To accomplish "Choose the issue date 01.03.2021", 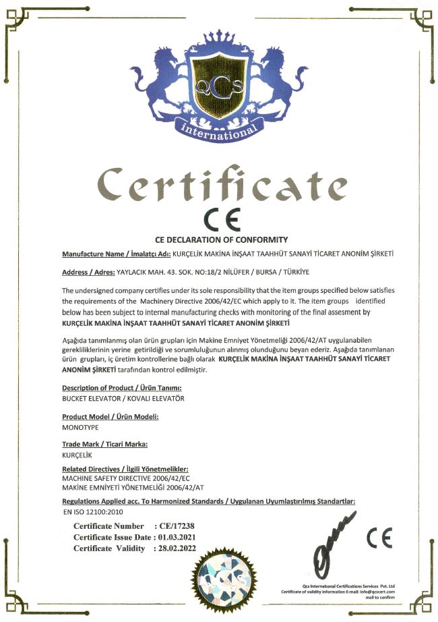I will tap(178, 537).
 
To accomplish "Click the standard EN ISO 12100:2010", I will tap(90, 512).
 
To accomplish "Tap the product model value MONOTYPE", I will tap(81, 428).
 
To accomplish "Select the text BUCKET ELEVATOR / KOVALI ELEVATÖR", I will tap(113, 399).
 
